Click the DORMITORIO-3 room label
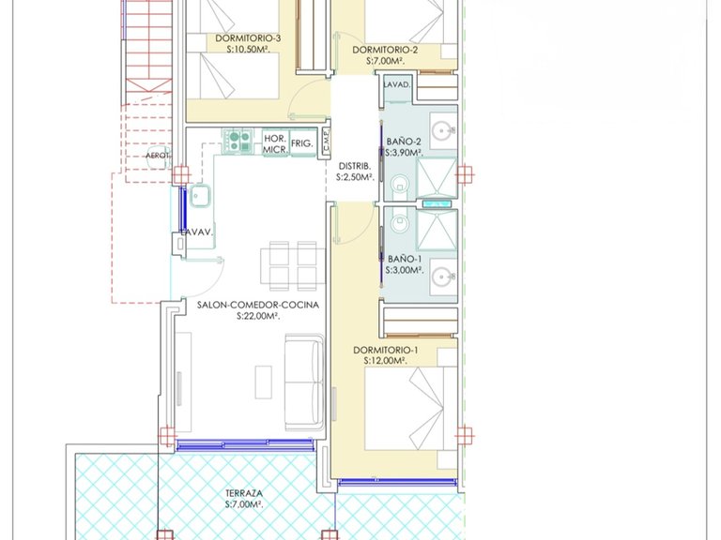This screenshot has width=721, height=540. [x=248, y=38]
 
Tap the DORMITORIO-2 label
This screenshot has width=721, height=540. [x=385, y=50]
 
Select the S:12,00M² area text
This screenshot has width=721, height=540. [x=385, y=361]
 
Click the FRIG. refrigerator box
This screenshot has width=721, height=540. [x=302, y=143]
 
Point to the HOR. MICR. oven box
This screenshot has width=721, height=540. [x=275, y=143]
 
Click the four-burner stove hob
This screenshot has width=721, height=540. [x=238, y=141]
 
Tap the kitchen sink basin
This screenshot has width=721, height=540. [x=200, y=196]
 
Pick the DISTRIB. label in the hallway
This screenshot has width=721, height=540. [x=355, y=167]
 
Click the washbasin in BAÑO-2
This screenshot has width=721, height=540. [x=443, y=131]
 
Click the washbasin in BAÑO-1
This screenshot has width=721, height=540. [x=443, y=277]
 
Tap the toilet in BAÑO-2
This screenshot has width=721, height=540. [x=400, y=186]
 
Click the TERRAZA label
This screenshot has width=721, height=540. [x=244, y=494]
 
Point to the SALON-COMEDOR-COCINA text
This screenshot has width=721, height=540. [x=258, y=305]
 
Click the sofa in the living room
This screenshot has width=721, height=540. [x=304, y=382]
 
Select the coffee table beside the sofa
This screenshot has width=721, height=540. [x=264, y=382]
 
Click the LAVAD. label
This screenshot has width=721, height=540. [x=397, y=84]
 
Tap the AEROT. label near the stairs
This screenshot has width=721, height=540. [x=158, y=156]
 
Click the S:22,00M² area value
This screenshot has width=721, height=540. [x=258, y=316]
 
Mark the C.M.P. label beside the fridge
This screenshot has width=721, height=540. [x=327, y=142]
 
